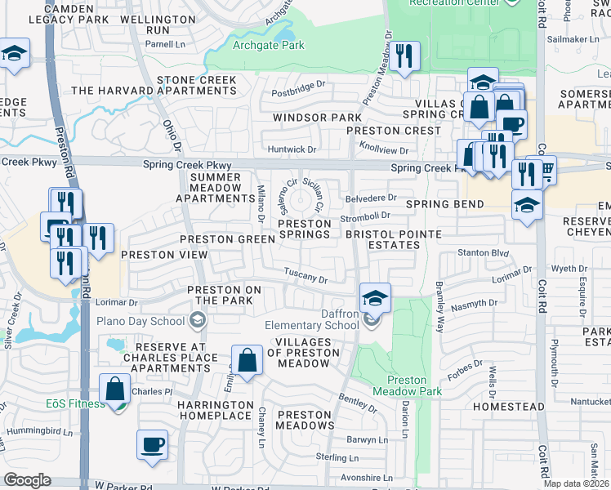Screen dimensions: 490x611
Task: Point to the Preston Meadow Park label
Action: pos(414,385)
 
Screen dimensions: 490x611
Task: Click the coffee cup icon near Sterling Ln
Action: pos(153,445)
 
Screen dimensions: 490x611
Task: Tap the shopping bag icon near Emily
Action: pos(247,360)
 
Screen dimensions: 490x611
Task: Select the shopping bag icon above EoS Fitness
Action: pos(115,388)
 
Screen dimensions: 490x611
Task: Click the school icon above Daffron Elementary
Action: pos(375,297)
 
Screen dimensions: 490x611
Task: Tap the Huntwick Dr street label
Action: pos(292,149)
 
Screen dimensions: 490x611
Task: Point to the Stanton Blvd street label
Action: pos(478,253)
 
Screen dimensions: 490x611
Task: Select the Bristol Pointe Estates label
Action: pos(393,239)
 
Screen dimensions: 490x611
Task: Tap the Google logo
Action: pos(27,480)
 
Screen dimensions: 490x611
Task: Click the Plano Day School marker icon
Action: pos(197,319)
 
